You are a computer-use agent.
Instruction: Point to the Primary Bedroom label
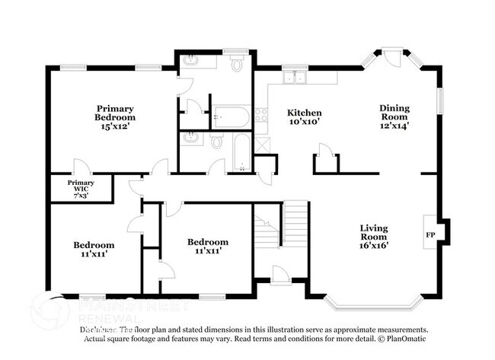(115, 113)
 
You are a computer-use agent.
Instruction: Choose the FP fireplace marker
(430, 234)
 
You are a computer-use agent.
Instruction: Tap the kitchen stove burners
(261, 116)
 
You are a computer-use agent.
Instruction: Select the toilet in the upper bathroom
(236, 65)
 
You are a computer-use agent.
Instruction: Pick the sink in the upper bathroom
(190, 61)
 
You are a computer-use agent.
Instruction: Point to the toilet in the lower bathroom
(216, 142)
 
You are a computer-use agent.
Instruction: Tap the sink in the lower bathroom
(191, 139)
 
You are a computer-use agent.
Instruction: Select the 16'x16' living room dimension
(374, 245)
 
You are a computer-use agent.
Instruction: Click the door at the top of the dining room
(394, 56)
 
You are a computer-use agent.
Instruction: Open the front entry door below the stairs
(279, 276)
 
